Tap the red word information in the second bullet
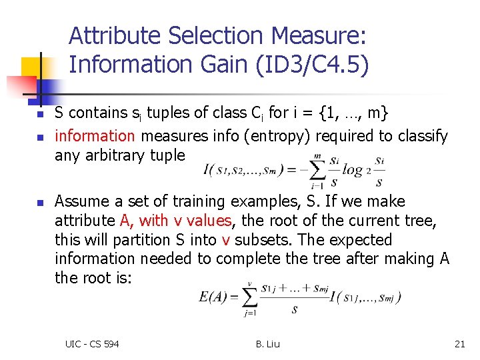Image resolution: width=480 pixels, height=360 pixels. click(95, 136)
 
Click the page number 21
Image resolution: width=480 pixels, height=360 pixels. click(459, 344)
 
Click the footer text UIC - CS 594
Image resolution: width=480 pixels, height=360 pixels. click(92, 344)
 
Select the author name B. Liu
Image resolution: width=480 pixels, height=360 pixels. click(267, 344)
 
